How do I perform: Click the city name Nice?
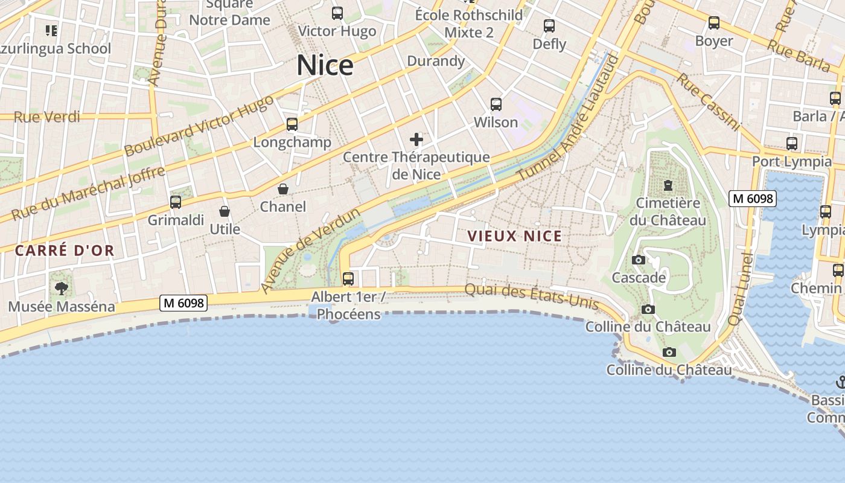325,65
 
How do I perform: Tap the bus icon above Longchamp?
292,124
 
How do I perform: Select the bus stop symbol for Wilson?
496,104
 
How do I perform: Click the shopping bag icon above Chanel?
282,189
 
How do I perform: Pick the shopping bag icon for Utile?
225,211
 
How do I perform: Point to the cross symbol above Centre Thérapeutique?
416,140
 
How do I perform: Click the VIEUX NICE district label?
515,236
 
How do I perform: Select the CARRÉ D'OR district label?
65,251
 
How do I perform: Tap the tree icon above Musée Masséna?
61,289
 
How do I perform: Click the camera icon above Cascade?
639,260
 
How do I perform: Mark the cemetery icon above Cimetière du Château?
668,185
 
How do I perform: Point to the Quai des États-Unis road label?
531,296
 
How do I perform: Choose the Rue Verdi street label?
46,117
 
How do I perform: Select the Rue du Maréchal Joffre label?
88,193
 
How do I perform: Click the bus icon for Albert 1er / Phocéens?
348,279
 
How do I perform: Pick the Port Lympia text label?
791,162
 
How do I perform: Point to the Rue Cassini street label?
707,101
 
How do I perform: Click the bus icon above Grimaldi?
176,202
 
